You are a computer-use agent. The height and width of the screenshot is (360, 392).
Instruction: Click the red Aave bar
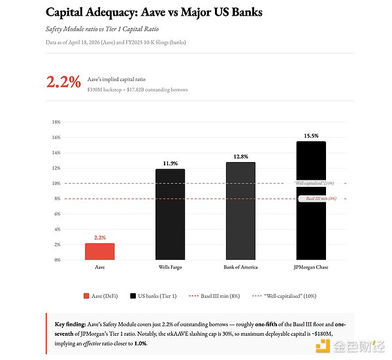(100, 252)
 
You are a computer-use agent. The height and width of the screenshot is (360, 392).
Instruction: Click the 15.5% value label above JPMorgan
(310, 136)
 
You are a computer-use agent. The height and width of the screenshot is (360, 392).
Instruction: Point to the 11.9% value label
(170, 163)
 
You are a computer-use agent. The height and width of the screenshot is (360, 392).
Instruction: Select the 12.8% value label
(240, 157)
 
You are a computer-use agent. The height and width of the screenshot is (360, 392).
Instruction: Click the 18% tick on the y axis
(56, 122)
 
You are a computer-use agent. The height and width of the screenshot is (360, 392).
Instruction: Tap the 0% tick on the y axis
(57, 260)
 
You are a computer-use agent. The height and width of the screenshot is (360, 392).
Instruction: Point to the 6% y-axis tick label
(57, 214)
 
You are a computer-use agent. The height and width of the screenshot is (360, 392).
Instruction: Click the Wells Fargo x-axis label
(170, 267)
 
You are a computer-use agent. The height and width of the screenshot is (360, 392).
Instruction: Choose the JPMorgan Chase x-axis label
(310, 267)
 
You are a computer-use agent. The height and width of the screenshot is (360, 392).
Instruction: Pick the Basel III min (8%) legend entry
(216, 296)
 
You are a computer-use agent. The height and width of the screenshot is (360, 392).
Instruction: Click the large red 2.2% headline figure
(63, 82)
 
